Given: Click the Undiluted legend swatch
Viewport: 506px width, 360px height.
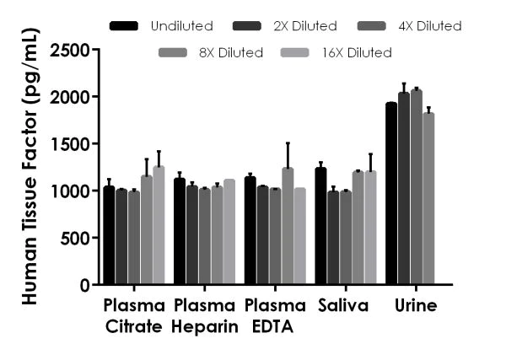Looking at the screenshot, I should (124, 26).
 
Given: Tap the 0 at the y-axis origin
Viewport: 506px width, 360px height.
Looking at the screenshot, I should (85, 286).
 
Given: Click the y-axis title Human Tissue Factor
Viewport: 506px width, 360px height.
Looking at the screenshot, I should (27, 169).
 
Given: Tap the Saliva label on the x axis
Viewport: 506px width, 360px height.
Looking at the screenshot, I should (344, 306).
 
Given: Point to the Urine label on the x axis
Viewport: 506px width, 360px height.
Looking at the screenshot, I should (415, 306).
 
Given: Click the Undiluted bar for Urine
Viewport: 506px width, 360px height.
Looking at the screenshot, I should (391, 194).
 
